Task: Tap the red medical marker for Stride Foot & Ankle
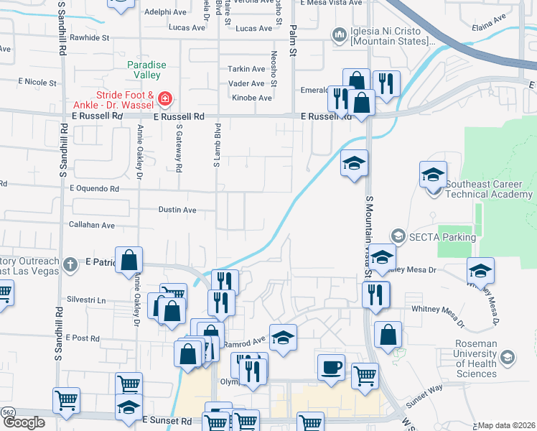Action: point(164,97)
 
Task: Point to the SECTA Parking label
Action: point(442,237)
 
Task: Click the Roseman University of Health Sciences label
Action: point(476,358)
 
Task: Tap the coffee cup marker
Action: point(331,367)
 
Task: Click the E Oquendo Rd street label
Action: point(94,189)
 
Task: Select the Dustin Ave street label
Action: point(177,210)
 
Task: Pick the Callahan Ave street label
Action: point(92,225)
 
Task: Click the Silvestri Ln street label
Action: point(85,300)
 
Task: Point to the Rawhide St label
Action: point(90,37)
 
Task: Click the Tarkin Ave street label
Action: point(246,69)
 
